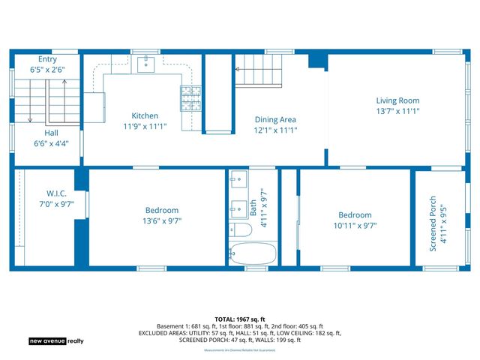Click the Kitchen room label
(x=145, y=115)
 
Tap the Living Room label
(x=397, y=100)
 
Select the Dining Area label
(x=275, y=119)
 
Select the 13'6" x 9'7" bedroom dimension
(x=162, y=221)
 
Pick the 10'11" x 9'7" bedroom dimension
(x=355, y=225)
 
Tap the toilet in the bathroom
(x=241, y=229)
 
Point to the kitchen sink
(x=146, y=63)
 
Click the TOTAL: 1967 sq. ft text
(x=239, y=319)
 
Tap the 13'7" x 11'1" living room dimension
(x=397, y=111)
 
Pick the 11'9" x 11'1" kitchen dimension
(x=145, y=126)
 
